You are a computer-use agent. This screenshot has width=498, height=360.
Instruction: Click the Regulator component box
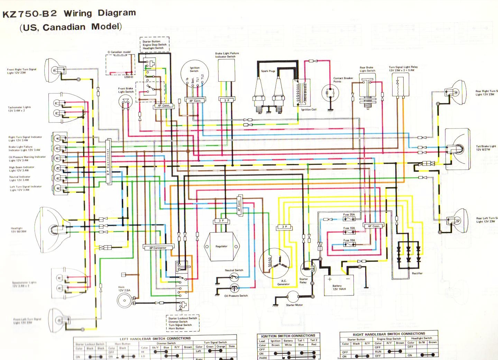coord(221,246)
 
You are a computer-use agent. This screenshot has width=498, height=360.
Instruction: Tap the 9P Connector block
coord(108,161)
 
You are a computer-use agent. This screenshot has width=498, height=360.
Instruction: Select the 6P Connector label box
coord(158,248)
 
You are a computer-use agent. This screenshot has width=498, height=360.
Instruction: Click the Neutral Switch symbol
coord(234,277)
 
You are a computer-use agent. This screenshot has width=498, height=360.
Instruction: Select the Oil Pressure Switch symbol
coord(235,288)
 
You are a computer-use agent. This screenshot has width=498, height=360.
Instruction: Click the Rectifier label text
coord(417,273)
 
